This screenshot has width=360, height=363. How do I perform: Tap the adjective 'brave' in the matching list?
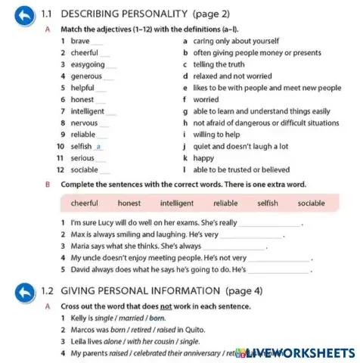[79, 41]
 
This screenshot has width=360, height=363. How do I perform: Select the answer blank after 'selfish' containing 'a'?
[98, 147]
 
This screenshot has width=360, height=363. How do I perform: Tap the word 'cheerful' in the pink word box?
[85, 203]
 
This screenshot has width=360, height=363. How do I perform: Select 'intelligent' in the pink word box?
[177, 203]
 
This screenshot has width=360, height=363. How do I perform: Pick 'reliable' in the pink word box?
[225, 203]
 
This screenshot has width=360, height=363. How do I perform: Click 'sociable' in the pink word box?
[312, 203]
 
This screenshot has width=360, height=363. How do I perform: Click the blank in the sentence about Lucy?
[269, 224]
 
